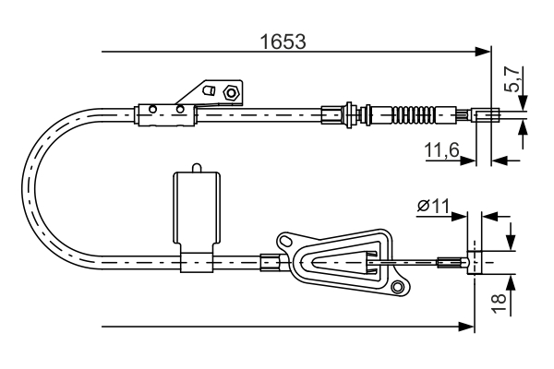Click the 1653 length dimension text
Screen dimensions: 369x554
click(x=283, y=41)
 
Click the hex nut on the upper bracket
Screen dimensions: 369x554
click(x=232, y=91)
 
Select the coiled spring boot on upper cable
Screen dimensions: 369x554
click(x=412, y=115)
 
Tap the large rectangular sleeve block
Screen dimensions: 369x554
click(x=197, y=211)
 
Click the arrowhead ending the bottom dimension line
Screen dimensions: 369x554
click(x=466, y=326)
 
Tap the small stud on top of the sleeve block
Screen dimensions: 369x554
click(x=196, y=167)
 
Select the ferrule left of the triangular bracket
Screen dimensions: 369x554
click(x=271, y=263)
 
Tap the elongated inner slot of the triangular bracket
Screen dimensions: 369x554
click(x=343, y=263)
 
